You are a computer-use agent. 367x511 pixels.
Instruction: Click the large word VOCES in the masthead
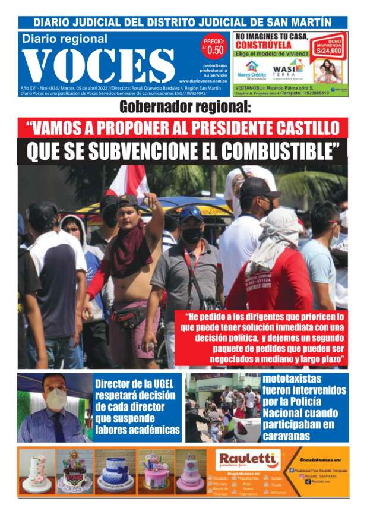tap(98, 65)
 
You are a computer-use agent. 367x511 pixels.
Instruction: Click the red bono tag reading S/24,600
tap(330, 47)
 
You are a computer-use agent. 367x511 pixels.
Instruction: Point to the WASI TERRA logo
tap(287, 71)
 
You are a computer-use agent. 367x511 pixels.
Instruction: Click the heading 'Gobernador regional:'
tap(185, 108)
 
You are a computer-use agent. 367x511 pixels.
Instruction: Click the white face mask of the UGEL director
tap(56, 399)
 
